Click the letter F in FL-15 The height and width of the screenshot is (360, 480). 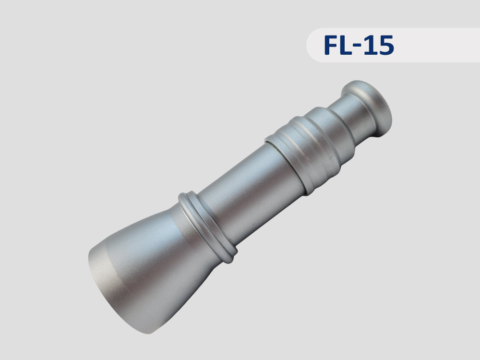tap(330, 45)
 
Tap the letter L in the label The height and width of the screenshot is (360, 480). tap(346, 45)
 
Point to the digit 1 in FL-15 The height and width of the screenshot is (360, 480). tap(369, 45)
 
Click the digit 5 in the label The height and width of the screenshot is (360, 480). tap(385, 45)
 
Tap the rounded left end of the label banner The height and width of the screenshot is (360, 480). tap(310, 45)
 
